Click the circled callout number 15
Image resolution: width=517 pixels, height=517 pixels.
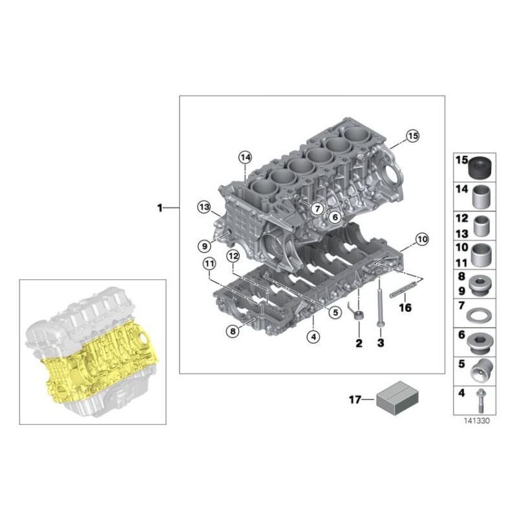tap(412, 136)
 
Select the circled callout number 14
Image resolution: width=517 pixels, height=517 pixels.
tap(246, 158)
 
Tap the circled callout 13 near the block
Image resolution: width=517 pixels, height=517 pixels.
tap(204, 207)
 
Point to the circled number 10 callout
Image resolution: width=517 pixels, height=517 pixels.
tap(422, 239)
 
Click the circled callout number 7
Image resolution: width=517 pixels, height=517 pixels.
tap(317, 208)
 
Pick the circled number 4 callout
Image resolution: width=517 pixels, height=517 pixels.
tap(313, 337)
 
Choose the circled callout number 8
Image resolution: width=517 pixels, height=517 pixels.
tap(233, 331)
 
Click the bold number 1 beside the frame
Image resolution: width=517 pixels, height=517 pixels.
tap(160, 208)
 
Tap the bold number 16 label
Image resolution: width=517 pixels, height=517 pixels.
tap(405, 308)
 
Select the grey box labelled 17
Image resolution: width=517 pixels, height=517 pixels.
tap(397, 398)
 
